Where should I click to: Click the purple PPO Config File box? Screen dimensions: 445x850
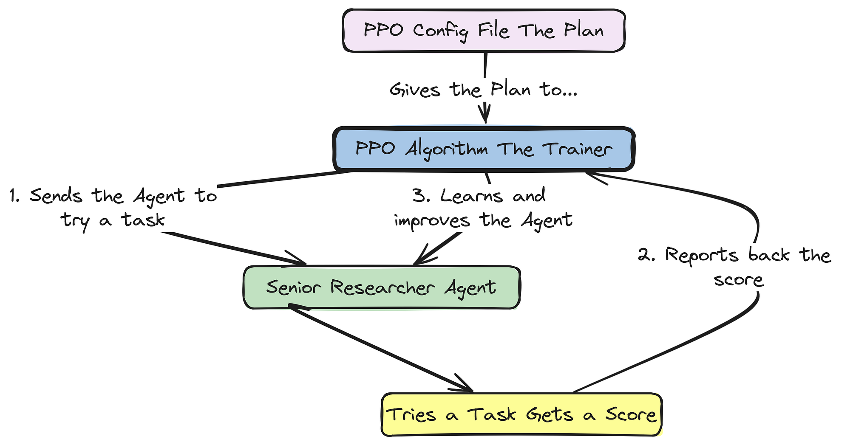484,31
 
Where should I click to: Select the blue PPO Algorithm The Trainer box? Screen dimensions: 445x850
484,149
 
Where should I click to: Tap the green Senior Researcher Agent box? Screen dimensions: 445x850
381,287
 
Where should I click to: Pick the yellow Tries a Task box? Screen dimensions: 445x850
521,414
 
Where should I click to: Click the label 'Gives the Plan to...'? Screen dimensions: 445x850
484,90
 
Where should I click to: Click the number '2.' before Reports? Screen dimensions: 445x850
646,255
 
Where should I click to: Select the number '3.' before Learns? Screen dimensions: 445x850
421,196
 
